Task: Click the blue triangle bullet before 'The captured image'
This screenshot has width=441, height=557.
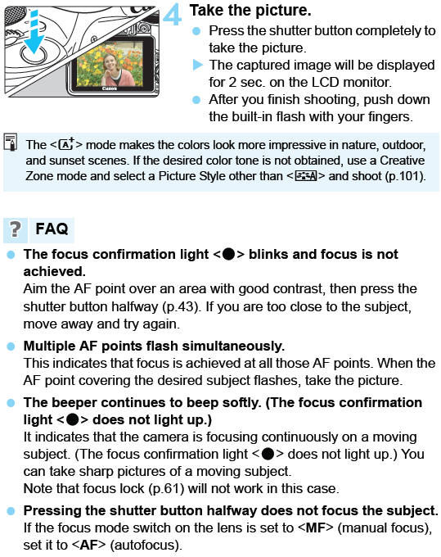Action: (x=196, y=65)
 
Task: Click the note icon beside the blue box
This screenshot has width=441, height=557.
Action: (x=10, y=144)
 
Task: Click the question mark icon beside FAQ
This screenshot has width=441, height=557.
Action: (x=14, y=229)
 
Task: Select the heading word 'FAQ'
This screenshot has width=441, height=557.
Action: (x=51, y=229)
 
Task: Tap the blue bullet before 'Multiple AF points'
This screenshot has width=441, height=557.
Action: (x=11, y=346)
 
